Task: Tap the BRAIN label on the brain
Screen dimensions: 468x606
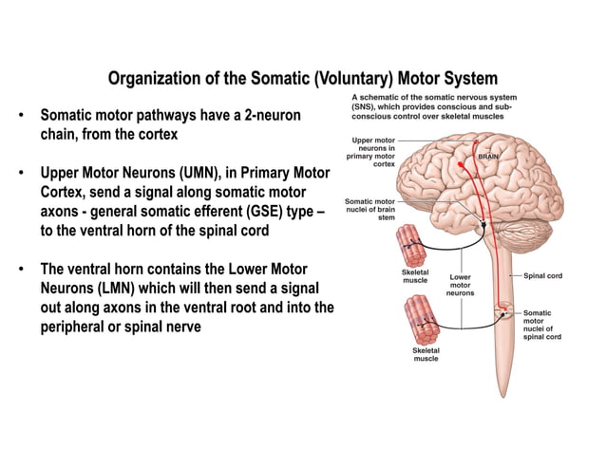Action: (x=488, y=156)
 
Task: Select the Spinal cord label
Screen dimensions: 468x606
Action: (x=543, y=275)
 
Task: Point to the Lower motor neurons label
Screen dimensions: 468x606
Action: (x=460, y=286)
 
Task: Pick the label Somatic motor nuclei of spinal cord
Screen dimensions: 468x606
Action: (x=542, y=325)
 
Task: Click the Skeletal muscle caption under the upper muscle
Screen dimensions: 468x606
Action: (x=416, y=276)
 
